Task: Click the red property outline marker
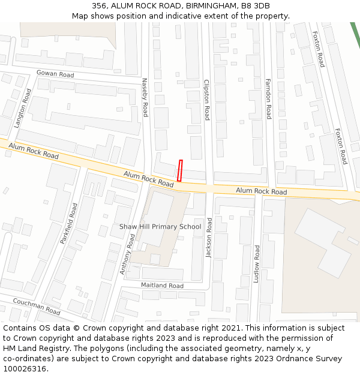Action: point(179,170)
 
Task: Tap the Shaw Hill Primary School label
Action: point(160,227)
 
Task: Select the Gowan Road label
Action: point(55,74)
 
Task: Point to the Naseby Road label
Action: point(145,97)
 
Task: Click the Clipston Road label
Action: point(206,100)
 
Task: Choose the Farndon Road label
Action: point(268,98)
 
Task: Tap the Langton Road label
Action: point(22,108)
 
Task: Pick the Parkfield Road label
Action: point(68,223)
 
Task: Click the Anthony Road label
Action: point(128,254)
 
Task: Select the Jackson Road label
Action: point(209,238)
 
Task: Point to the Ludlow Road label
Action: point(257,264)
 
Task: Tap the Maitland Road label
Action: point(162,286)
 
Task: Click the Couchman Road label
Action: point(37,307)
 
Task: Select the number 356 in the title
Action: point(99,6)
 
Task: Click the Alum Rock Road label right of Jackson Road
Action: point(261,191)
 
